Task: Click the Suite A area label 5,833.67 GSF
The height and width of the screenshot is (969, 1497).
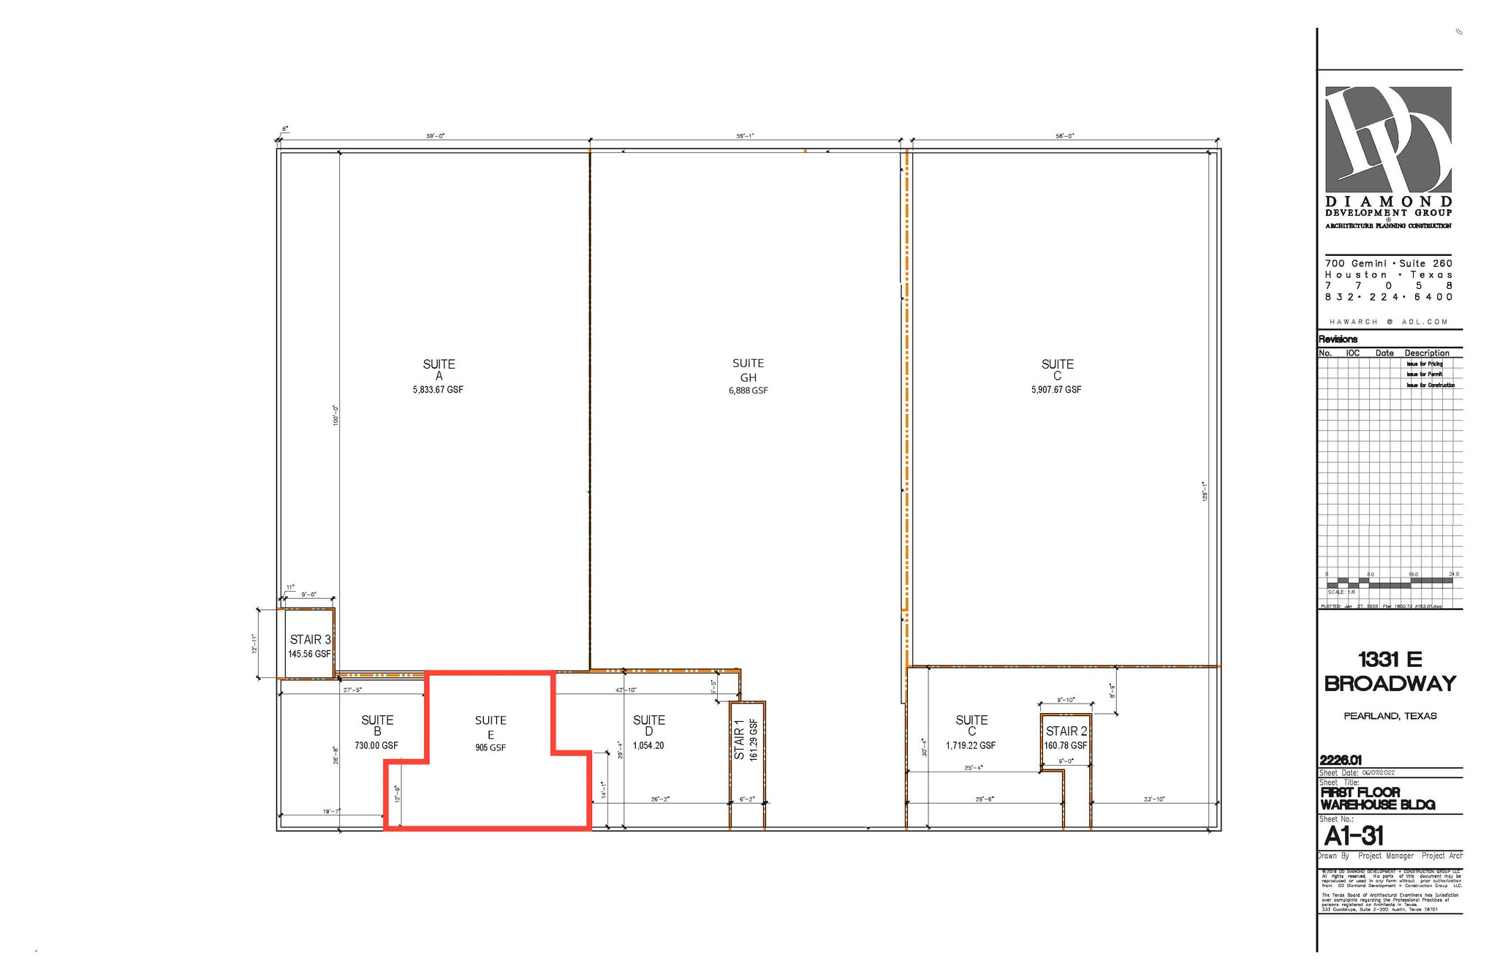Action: click(437, 390)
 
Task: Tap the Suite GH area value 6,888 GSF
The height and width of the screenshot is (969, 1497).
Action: click(748, 391)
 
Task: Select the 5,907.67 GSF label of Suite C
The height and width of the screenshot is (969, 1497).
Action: click(1056, 390)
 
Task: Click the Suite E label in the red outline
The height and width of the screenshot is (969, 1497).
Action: click(490, 727)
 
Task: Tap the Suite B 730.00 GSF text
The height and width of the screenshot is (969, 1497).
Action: click(376, 746)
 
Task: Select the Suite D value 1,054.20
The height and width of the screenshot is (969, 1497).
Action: click(648, 746)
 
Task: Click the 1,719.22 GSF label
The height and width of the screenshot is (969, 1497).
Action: click(971, 746)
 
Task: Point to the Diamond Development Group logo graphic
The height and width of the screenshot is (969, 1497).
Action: click(1388, 140)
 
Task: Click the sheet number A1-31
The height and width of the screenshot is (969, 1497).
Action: click(1354, 836)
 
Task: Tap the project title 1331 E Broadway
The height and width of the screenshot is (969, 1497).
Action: click(1390, 671)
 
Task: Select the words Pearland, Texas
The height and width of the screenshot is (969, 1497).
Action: click(1390, 716)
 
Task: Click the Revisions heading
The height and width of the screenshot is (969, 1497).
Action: click(1338, 339)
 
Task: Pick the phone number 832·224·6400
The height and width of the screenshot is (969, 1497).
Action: click(1389, 297)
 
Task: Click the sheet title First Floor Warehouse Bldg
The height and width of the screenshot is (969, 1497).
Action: click(1377, 799)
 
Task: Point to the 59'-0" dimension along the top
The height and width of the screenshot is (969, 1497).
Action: click(435, 136)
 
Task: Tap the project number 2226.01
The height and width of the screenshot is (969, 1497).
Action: click(1341, 760)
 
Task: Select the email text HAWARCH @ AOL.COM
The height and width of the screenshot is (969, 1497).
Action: click(1389, 322)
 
